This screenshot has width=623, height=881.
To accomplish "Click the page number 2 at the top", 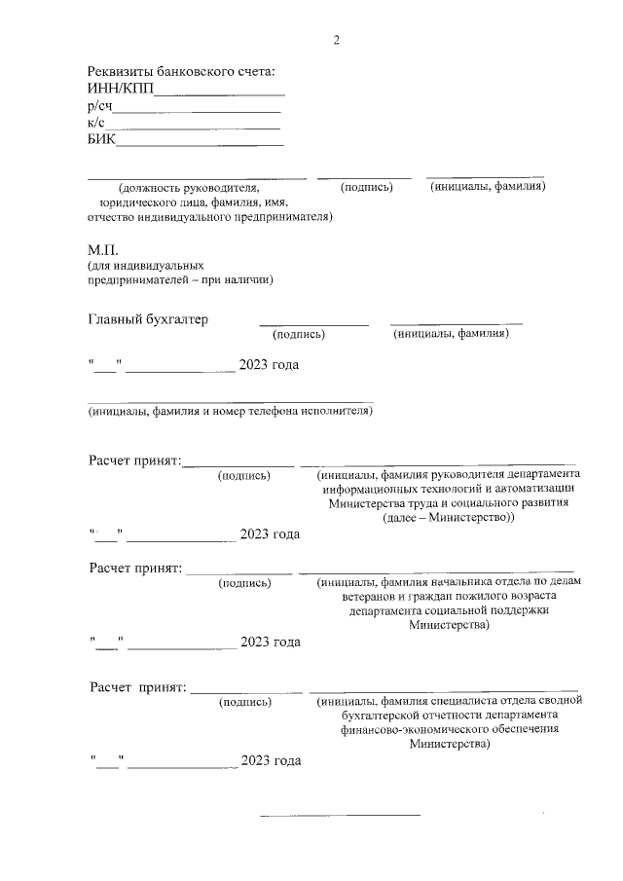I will click(x=337, y=40).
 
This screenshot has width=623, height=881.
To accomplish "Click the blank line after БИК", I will click(x=200, y=145).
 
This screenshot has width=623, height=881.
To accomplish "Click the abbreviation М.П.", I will click(x=102, y=250).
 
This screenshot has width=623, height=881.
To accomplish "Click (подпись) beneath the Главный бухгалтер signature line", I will click(x=299, y=335).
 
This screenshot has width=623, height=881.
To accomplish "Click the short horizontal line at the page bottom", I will click(x=340, y=813).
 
